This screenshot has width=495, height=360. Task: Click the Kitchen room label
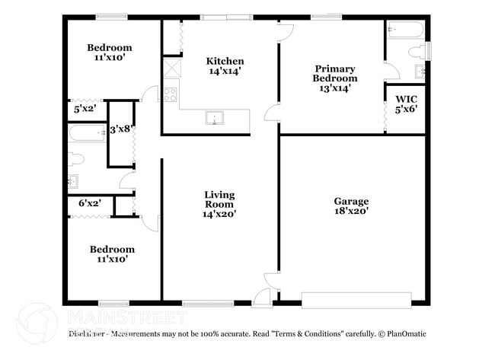tap(225, 61)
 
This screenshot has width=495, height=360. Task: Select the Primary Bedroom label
tap(335, 73)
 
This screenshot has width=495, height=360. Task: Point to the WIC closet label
tap(407, 100)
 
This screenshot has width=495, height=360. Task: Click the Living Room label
tap(219, 195)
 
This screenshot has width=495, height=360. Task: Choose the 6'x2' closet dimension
tap(90, 203)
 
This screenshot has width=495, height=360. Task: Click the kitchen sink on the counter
tap(215, 118)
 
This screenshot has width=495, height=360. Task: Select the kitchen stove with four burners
tap(171, 95)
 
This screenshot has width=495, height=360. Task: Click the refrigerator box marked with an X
tap(171, 68)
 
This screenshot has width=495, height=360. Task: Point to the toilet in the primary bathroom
tap(417, 52)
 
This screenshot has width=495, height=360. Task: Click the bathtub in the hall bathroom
tap(85, 135)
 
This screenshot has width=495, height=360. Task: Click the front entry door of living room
tap(262, 298)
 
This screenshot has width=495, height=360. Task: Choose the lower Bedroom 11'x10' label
tap(112, 253)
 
